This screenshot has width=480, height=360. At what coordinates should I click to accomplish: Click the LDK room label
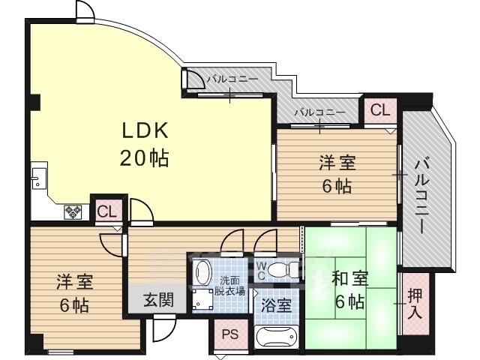tap(145, 130)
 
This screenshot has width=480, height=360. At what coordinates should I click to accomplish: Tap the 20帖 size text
tap(144, 158)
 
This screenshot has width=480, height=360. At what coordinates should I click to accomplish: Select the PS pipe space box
tap(230, 334)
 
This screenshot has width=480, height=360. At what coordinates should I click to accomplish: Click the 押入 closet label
tap(415, 304)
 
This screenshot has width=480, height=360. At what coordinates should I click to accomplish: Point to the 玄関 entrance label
tap(159, 300)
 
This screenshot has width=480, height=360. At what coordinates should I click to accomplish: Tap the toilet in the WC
tap(282, 268)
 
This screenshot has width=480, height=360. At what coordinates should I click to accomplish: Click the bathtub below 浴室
tap(276, 337)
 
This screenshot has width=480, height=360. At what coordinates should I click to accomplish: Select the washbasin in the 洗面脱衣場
tap(203, 271)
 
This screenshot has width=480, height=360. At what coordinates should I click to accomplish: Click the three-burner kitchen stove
tap(73, 211)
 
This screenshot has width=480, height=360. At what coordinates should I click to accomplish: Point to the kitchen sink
tap(39, 178)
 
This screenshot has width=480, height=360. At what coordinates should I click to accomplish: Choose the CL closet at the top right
tap(380, 110)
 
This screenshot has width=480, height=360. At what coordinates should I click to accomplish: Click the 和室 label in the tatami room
tap(350, 279)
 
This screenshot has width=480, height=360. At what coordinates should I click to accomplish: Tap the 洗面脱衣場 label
tap(229, 286)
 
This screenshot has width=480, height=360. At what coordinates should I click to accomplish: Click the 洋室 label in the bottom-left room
tap(75, 282)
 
